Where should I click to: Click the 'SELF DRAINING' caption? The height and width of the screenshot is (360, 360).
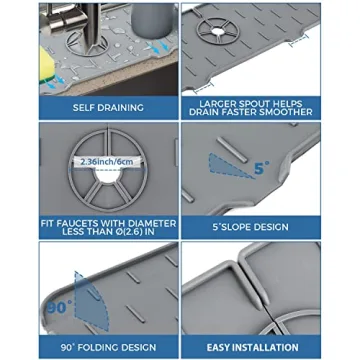click(107, 106)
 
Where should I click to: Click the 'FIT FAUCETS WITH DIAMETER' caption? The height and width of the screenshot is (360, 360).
click(107, 222)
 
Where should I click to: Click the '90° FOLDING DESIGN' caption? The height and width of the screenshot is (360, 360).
click(107, 347)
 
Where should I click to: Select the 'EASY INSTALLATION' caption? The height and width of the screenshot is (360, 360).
click(252, 347)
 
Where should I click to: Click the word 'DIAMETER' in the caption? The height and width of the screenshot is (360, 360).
click(151, 222)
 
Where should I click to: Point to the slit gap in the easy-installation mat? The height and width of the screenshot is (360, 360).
click(253, 290)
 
